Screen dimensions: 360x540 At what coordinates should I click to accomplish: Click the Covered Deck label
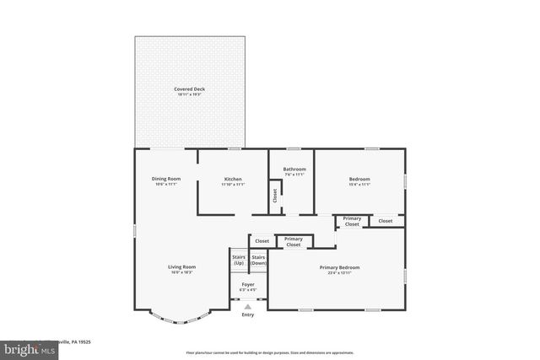click(x=189, y=89)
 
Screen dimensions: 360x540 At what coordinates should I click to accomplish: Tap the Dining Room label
click(x=165, y=179)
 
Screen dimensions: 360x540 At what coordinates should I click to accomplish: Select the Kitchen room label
click(x=233, y=179)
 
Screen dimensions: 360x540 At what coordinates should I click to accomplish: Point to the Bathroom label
click(x=294, y=169)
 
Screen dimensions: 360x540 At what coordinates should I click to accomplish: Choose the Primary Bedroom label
click(x=339, y=267)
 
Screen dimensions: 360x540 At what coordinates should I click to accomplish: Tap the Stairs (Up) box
click(x=239, y=261)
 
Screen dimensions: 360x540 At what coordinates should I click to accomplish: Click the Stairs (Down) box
click(x=259, y=261)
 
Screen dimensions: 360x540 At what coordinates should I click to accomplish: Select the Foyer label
click(x=248, y=285)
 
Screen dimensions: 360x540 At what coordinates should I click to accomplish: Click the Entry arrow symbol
click(x=248, y=307)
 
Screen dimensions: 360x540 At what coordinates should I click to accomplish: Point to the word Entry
click(x=248, y=314)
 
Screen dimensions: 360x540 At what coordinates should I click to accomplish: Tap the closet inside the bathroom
click(x=275, y=196)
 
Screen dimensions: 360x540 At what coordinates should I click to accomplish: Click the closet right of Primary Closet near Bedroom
click(x=385, y=221)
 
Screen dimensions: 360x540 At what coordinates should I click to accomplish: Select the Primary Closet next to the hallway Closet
click(x=294, y=241)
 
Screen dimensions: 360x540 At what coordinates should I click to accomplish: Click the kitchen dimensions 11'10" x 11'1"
click(x=233, y=184)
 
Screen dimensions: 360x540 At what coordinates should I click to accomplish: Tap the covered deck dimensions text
click(x=189, y=94)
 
